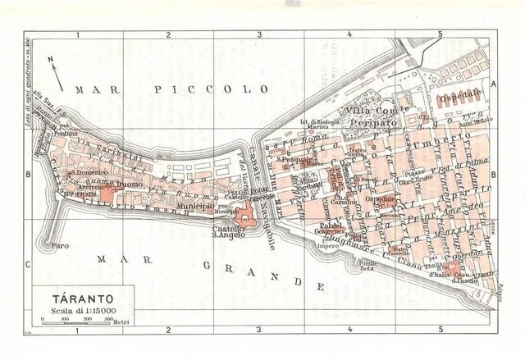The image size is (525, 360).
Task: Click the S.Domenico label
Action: tap(85, 173)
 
